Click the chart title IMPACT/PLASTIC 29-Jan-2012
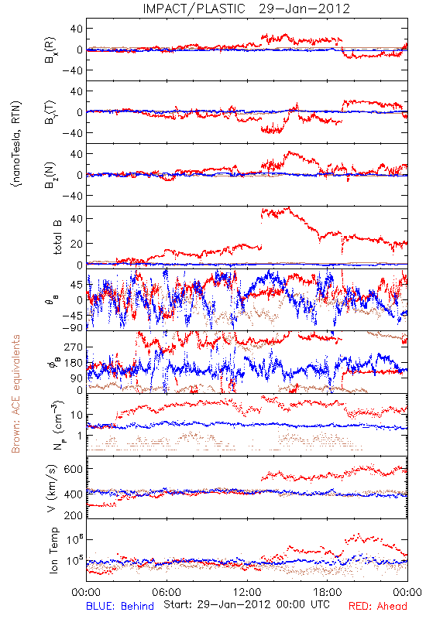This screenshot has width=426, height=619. (246, 9)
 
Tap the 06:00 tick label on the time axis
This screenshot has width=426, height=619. (167, 592)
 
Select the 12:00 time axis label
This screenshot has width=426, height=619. (247, 592)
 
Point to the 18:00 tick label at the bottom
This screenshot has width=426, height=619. (328, 592)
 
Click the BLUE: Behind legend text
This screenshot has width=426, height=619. (120, 606)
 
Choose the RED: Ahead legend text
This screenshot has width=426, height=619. (377, 606)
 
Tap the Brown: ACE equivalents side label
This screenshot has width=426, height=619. (15, 394)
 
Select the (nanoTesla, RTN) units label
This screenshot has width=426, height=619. (16, 144)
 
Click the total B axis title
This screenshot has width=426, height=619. (57, 238)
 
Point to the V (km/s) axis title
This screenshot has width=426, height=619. (52, 488)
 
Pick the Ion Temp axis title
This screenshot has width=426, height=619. (53, 550)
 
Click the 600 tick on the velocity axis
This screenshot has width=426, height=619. (73, 469)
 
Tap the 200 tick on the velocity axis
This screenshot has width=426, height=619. (73, 515)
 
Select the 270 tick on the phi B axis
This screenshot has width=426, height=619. (74, 347)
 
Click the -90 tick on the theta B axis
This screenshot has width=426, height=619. (72, 327)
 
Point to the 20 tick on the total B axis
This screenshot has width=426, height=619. (76, 244)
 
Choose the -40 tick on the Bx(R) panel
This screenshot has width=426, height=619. (71, 70)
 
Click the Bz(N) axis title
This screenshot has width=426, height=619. (50, 175)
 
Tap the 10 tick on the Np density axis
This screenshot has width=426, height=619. (77, 415)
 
